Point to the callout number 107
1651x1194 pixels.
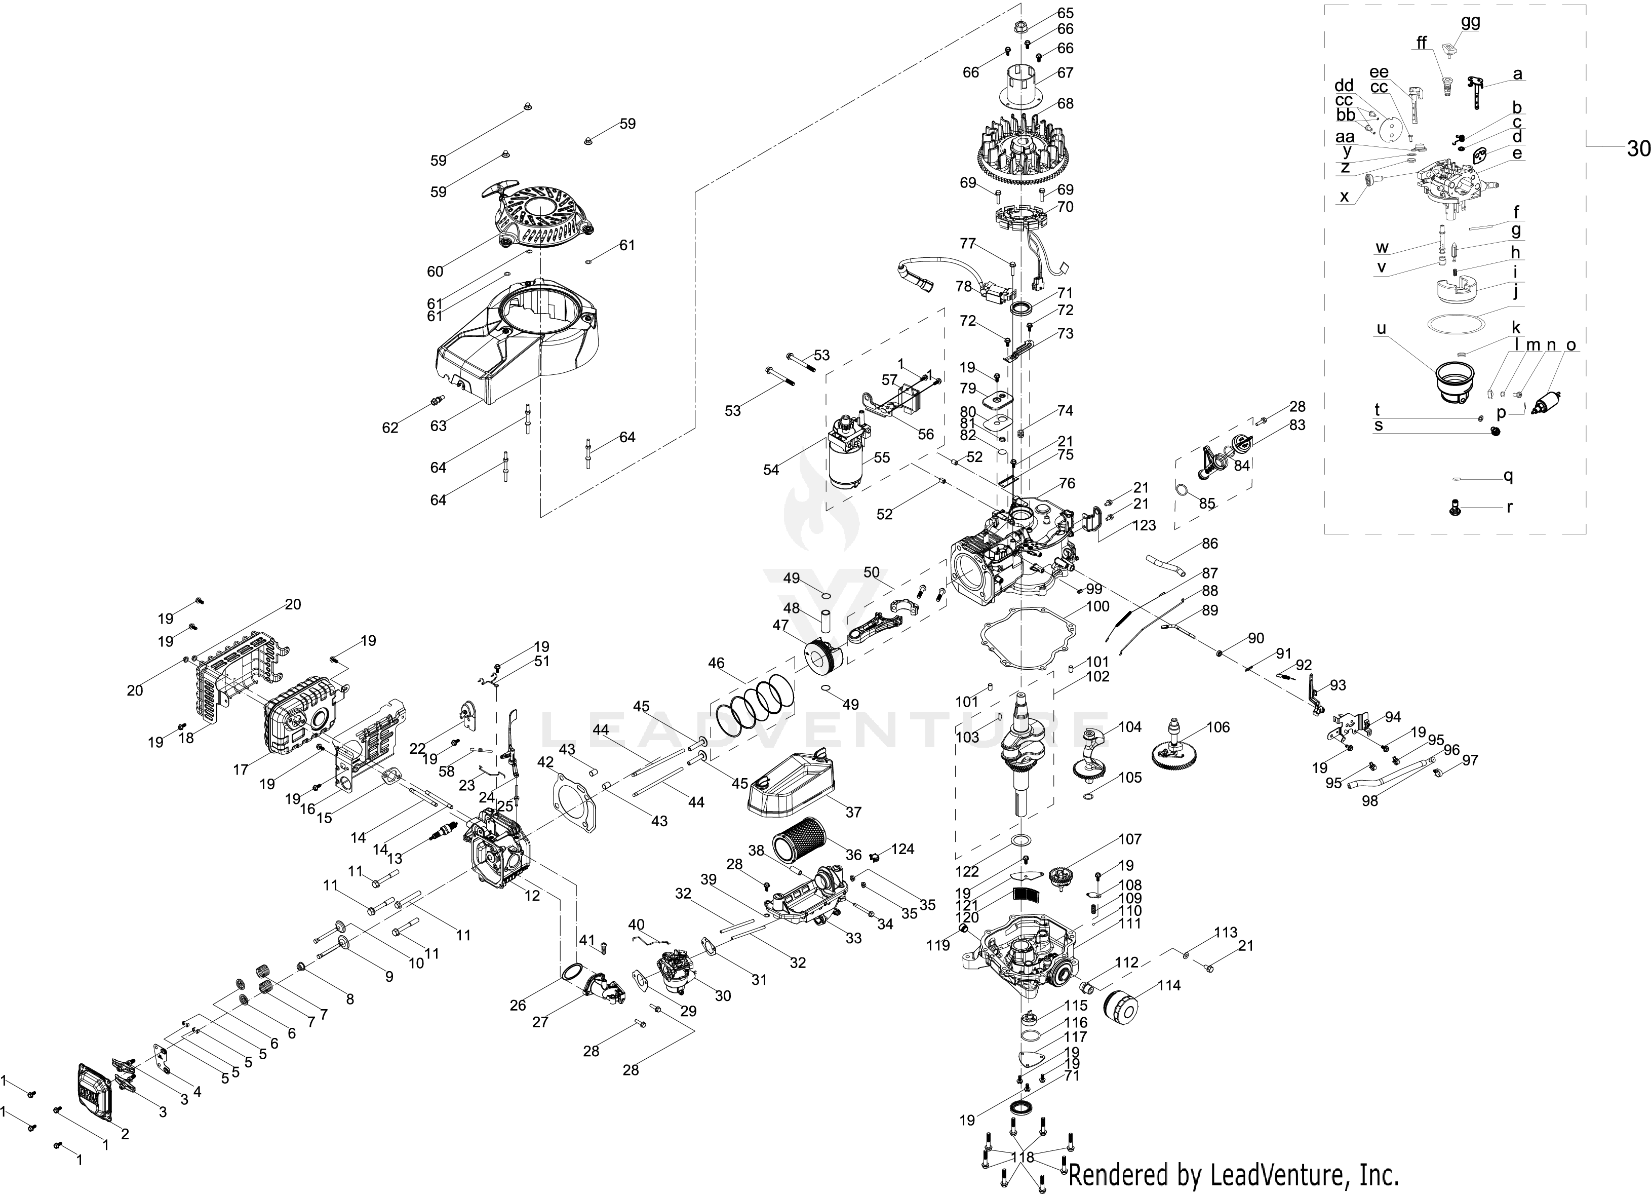pos(1130,839)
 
